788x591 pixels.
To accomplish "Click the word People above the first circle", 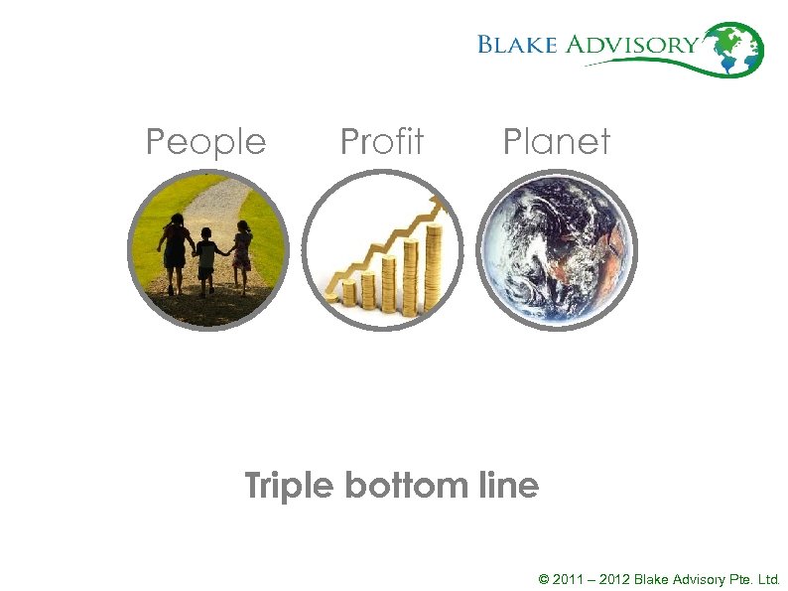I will (x=205, y=142).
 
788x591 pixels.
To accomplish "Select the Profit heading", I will (x=381, y=142).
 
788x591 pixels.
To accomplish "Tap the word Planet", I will (x=556, y=142).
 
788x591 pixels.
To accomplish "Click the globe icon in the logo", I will (x=738, y=48).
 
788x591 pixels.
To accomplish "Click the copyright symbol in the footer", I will (x=543, y=578).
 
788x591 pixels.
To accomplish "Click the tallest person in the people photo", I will (x=176, y=251).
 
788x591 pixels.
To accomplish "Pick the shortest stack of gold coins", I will (x=348, y=293).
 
